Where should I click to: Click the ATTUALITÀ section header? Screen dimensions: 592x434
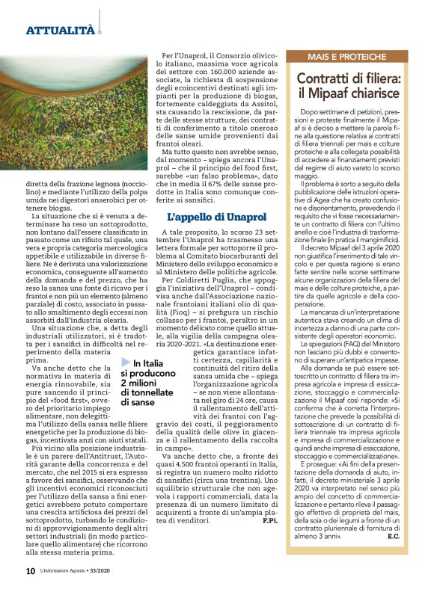60,31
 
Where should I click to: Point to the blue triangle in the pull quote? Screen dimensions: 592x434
126,363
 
